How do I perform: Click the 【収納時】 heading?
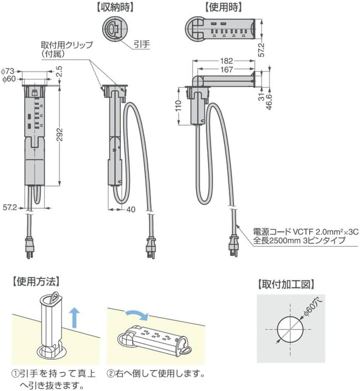coord(113,8)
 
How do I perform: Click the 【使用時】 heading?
coord(223,8)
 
